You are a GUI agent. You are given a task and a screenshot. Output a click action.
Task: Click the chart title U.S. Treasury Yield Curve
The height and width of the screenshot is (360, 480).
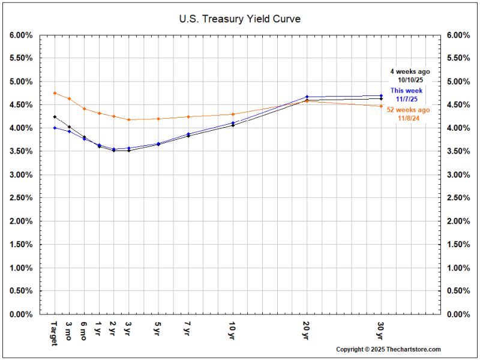coord(239,19)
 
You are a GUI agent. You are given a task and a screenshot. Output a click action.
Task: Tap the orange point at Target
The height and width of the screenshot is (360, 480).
coord(55,93)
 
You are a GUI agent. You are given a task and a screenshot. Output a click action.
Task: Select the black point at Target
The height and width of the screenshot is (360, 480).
coord(55,116)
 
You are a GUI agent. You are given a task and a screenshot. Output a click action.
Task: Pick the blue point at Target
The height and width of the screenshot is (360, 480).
coord(55,128)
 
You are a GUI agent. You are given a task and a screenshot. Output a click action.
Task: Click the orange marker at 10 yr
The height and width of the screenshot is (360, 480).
coord(233,114)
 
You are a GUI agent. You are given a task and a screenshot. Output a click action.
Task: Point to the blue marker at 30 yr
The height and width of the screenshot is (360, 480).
coord(381,95)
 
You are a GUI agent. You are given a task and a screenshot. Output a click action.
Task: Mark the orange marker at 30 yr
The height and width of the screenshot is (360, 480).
coord(381,106)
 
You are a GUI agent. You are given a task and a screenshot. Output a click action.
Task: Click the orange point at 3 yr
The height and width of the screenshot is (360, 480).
coord(129,119)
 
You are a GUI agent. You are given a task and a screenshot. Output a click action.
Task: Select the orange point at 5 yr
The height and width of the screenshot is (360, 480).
coord(158,119)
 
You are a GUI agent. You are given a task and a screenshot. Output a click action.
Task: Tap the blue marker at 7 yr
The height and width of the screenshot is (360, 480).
coord(188,134)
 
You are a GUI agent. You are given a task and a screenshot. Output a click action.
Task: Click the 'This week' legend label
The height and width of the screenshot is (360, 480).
coord(406,91)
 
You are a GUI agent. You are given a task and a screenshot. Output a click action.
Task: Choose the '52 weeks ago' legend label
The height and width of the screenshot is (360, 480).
coord(408,110)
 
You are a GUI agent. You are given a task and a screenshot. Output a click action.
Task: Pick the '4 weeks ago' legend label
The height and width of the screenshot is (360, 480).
coord(410,71)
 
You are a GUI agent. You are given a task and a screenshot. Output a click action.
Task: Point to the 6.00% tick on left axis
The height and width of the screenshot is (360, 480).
coord(21,35)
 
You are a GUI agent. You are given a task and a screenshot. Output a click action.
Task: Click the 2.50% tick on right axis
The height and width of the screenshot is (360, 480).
coord(458,198)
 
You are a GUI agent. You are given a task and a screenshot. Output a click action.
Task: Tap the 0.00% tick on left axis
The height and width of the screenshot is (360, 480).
coord(21,314)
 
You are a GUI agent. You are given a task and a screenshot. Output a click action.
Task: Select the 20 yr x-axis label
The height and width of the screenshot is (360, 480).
coord(306,331)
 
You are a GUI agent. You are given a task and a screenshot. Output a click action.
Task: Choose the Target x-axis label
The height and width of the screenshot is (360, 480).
coord(55,334)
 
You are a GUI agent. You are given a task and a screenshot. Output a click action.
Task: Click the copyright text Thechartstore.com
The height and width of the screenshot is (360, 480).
coord(413,349)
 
